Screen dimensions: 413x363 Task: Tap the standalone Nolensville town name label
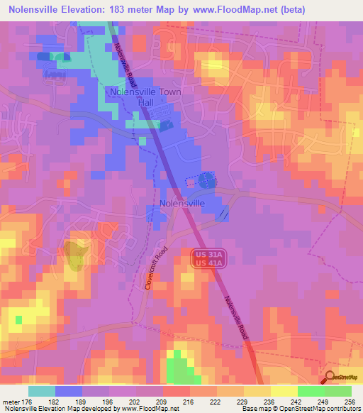click(182, 203)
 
